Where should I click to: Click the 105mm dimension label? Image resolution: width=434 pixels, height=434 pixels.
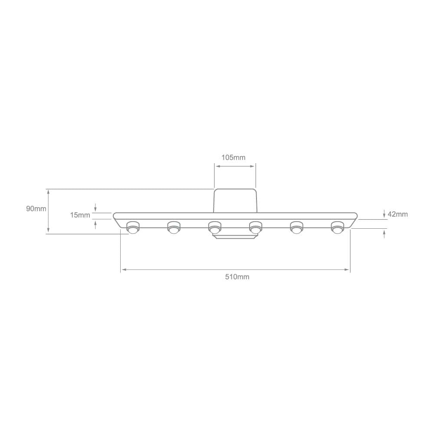coord(233,157)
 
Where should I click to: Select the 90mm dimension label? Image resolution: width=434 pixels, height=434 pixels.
coord(36,209)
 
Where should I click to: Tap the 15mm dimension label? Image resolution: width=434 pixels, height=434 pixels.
coord(81,215)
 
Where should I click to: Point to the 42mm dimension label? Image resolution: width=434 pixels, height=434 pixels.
coord(398,214)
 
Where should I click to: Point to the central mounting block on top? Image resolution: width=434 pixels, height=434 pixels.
coord(235,201)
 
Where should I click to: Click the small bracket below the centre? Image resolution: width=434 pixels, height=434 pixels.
coord(235,237)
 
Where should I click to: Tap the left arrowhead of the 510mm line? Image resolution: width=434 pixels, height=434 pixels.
coord(123,270)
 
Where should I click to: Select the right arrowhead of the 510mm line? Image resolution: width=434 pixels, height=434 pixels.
coord(347,270)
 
